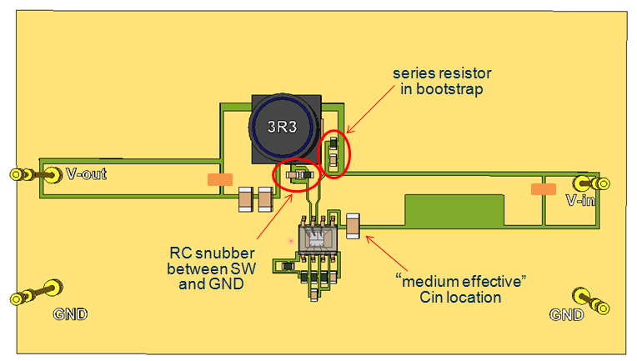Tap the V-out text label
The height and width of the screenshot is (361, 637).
tap(86, 175)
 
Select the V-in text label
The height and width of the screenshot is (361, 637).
tap(581, 201)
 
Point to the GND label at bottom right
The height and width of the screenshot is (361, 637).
tap(567, 314)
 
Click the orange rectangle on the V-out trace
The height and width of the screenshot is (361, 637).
tap(219, 178)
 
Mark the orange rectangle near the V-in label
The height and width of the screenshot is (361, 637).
tap(543, 189)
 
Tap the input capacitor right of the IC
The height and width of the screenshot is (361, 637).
tap(354, 224)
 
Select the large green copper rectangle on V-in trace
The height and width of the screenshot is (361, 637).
tap(454, 211)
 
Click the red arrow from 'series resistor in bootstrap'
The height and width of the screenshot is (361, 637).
tap(369, 113)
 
